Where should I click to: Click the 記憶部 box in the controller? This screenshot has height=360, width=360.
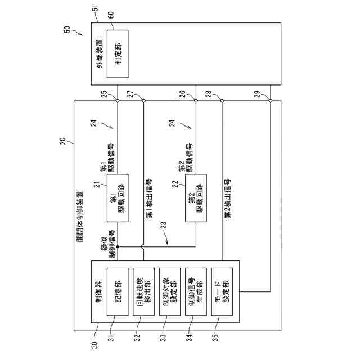tap(118, 292)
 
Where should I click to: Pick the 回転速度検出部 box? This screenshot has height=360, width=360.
tap(143, 292)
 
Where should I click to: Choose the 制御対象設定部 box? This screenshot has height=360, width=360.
tap(170, 292)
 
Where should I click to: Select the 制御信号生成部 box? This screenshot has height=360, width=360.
tap(196, 292)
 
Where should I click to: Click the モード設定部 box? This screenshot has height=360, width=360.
tap(222, 292)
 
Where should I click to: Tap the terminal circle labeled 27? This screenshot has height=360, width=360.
tap(143, 101)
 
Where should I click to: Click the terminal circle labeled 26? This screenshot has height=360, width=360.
tap(195, 101)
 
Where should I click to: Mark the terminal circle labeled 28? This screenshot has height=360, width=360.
tap(222, 101)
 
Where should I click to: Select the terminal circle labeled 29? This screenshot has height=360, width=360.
tap(271, 101)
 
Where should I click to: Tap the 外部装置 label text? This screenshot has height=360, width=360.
tap(100, 53)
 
